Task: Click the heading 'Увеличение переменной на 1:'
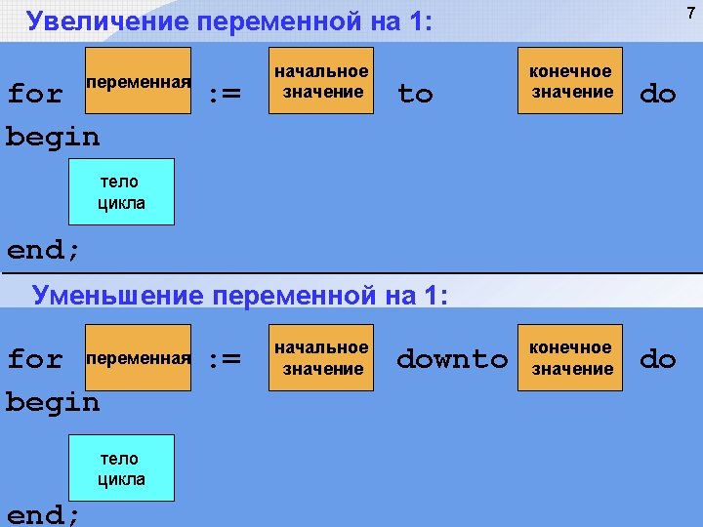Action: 228,21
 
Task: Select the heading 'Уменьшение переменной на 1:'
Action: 240,294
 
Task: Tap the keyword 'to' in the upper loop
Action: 415,95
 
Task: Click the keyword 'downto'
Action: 452,359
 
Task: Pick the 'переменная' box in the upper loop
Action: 139,81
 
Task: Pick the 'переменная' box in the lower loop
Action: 139,358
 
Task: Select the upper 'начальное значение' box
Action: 321,81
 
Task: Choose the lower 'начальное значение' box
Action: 321,358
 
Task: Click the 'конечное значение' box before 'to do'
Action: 570,81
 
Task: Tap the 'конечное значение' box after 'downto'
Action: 570,358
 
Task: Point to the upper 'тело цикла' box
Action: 121,192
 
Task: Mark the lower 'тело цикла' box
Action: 121,468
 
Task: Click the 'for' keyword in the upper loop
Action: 35,95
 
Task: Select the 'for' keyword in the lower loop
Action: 35,359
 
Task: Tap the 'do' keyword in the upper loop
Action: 657,95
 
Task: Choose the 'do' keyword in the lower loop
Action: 657,359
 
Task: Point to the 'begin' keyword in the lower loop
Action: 53,402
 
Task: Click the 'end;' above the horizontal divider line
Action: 43,250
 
